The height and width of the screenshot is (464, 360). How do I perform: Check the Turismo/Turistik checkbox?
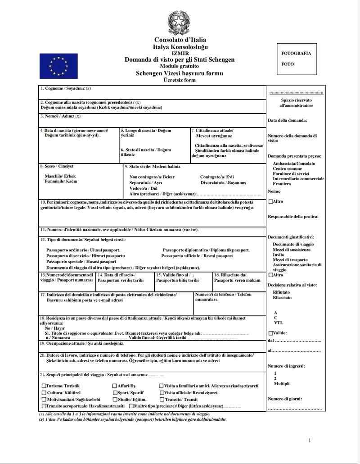click(x=44, y=386)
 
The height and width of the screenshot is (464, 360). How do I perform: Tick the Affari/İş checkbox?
click(x=114, y=386)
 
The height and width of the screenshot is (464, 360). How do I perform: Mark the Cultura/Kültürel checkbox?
click(x=44, y=393)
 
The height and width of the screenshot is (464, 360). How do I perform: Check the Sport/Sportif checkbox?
click(x=114, y=393)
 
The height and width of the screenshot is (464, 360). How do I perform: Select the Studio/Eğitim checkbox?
click(x=114, y=400)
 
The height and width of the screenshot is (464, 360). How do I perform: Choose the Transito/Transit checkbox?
click(x=161, y=400)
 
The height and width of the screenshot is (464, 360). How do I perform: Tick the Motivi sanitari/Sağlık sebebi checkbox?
click(x=44, y=400)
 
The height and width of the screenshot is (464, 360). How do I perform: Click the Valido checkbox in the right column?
click(x=270, y=333)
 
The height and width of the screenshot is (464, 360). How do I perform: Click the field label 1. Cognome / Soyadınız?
click(x=65, y=88)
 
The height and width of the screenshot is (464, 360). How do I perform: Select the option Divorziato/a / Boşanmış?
click(x=223, y=183)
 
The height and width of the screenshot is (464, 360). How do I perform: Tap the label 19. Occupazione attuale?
click(x=81, y=343)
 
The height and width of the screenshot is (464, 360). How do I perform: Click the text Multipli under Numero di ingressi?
click(x=282, y=384)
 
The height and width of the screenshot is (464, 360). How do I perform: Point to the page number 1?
click(x=310, y=440)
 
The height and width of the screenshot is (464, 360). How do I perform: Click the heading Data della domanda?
click(x=287, y=120)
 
